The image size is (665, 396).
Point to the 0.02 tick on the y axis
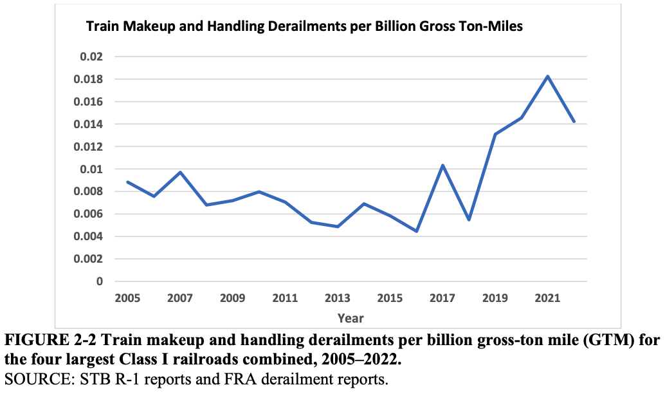click(x=91, y=57)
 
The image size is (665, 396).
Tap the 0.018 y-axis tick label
click(x=89, y=79)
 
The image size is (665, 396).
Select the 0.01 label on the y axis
click(x=91, y=169)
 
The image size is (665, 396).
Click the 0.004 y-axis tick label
click(x=89, y=236)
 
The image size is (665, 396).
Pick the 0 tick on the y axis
click(x=100, y=281)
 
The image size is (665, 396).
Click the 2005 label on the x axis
click(x=127, y=298)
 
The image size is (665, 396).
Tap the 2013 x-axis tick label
click(x=337, y=298)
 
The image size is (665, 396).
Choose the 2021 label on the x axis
click(x=547, y=298)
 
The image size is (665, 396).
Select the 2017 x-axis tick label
click(x=442, y=298)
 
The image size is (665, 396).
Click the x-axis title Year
click(x=351, y=318)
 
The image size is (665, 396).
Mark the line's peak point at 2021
click(x=547, y=77)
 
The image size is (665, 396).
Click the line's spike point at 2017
click(x=442, y=165)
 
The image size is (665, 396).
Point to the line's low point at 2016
click(x=416, y=231)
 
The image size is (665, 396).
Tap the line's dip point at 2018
click(x=469, y=220)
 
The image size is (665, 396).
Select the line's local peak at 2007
click(x=180, y=172)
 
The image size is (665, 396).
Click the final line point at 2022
click(x=574, y=122)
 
